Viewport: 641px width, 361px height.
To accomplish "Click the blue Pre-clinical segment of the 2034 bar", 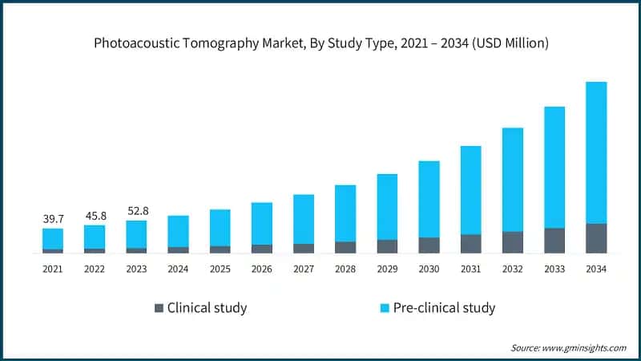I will pyautogui.click(x=596, y=152).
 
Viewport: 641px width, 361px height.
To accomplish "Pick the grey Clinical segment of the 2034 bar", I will pyautogui.click(x=596, y=238).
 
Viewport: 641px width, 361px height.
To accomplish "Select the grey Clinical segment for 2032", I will pyautogui.click(x=513, y=242).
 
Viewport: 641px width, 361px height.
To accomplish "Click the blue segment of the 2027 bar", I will pyautogui.click(x=304, y=219).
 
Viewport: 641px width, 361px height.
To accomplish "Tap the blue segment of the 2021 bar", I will pyautogui.click(x=53, y=238).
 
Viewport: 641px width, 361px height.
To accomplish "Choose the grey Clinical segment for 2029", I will pyautogui.click(x=387, y=246).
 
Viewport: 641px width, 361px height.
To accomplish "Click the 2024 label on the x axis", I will pyautogui.click(x=178, y=269).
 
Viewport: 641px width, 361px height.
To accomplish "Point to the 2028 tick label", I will pyautogui.click(x=345, y=269).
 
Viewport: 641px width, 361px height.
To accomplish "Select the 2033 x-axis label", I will pyautogui.click(x=554, y=269).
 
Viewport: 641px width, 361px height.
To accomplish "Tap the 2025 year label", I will pyautogui.click(x=220, y=269).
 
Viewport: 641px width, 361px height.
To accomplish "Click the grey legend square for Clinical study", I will pyautogui.click(x=159, y=307).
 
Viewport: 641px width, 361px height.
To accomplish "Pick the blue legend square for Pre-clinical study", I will pyautogui.click(x=385, y=307).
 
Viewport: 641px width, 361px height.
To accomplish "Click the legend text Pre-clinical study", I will pyautogui.click(x=445, y=307).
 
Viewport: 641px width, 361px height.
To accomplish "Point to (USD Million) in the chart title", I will pyautogui.click(x=510, y=44).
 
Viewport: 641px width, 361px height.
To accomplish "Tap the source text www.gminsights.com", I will pyautogui.click(x=587, y=347).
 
